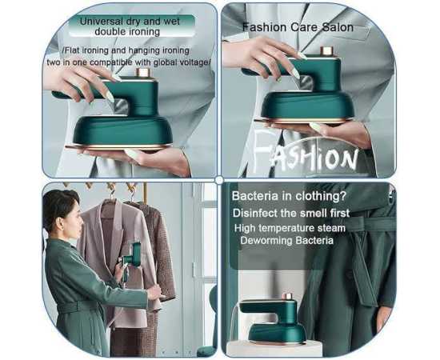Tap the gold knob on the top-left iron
143,73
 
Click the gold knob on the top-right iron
326,51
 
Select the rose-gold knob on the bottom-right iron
287,297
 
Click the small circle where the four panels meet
219,180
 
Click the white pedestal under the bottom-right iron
274,349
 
